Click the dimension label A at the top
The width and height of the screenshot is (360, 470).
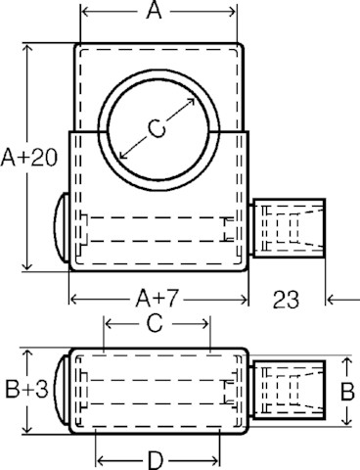pos(155,12)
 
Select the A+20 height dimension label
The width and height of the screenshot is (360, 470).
pos(29,158)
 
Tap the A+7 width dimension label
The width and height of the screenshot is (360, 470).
pos(157,299)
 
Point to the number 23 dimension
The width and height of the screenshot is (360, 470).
pos(286,300)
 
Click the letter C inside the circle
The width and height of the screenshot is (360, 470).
pos(157,128)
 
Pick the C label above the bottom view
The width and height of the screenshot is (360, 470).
pos(155,323)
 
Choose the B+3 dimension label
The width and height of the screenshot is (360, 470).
pos(26,390)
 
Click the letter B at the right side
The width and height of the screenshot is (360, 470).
pos(347,391)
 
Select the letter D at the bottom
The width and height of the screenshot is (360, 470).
pos(156,460)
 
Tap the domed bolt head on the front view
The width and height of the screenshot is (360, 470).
pos(62,227)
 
